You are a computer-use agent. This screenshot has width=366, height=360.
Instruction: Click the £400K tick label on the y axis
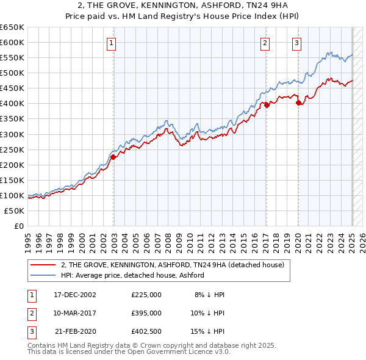click(12, 103)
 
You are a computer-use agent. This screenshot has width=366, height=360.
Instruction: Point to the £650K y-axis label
click(12, 27)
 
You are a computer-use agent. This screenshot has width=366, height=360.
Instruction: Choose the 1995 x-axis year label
click(28, 239)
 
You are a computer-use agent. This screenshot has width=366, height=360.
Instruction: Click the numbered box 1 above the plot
click(113, 43)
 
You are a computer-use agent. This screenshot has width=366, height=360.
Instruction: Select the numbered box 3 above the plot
click(296, 43)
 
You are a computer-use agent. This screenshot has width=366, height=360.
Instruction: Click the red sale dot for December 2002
click(113, 157)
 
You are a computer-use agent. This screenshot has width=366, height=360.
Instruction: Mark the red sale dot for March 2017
click(267, 104)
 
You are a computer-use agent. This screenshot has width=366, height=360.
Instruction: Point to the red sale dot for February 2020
click(298, 103)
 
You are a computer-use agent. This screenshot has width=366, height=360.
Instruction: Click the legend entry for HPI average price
click(132, 276)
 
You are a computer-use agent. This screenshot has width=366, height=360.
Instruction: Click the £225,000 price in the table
click(146, 295)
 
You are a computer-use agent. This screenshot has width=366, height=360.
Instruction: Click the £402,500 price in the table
click(146, 331)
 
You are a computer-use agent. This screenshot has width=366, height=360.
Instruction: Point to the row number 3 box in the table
click(31, 331)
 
